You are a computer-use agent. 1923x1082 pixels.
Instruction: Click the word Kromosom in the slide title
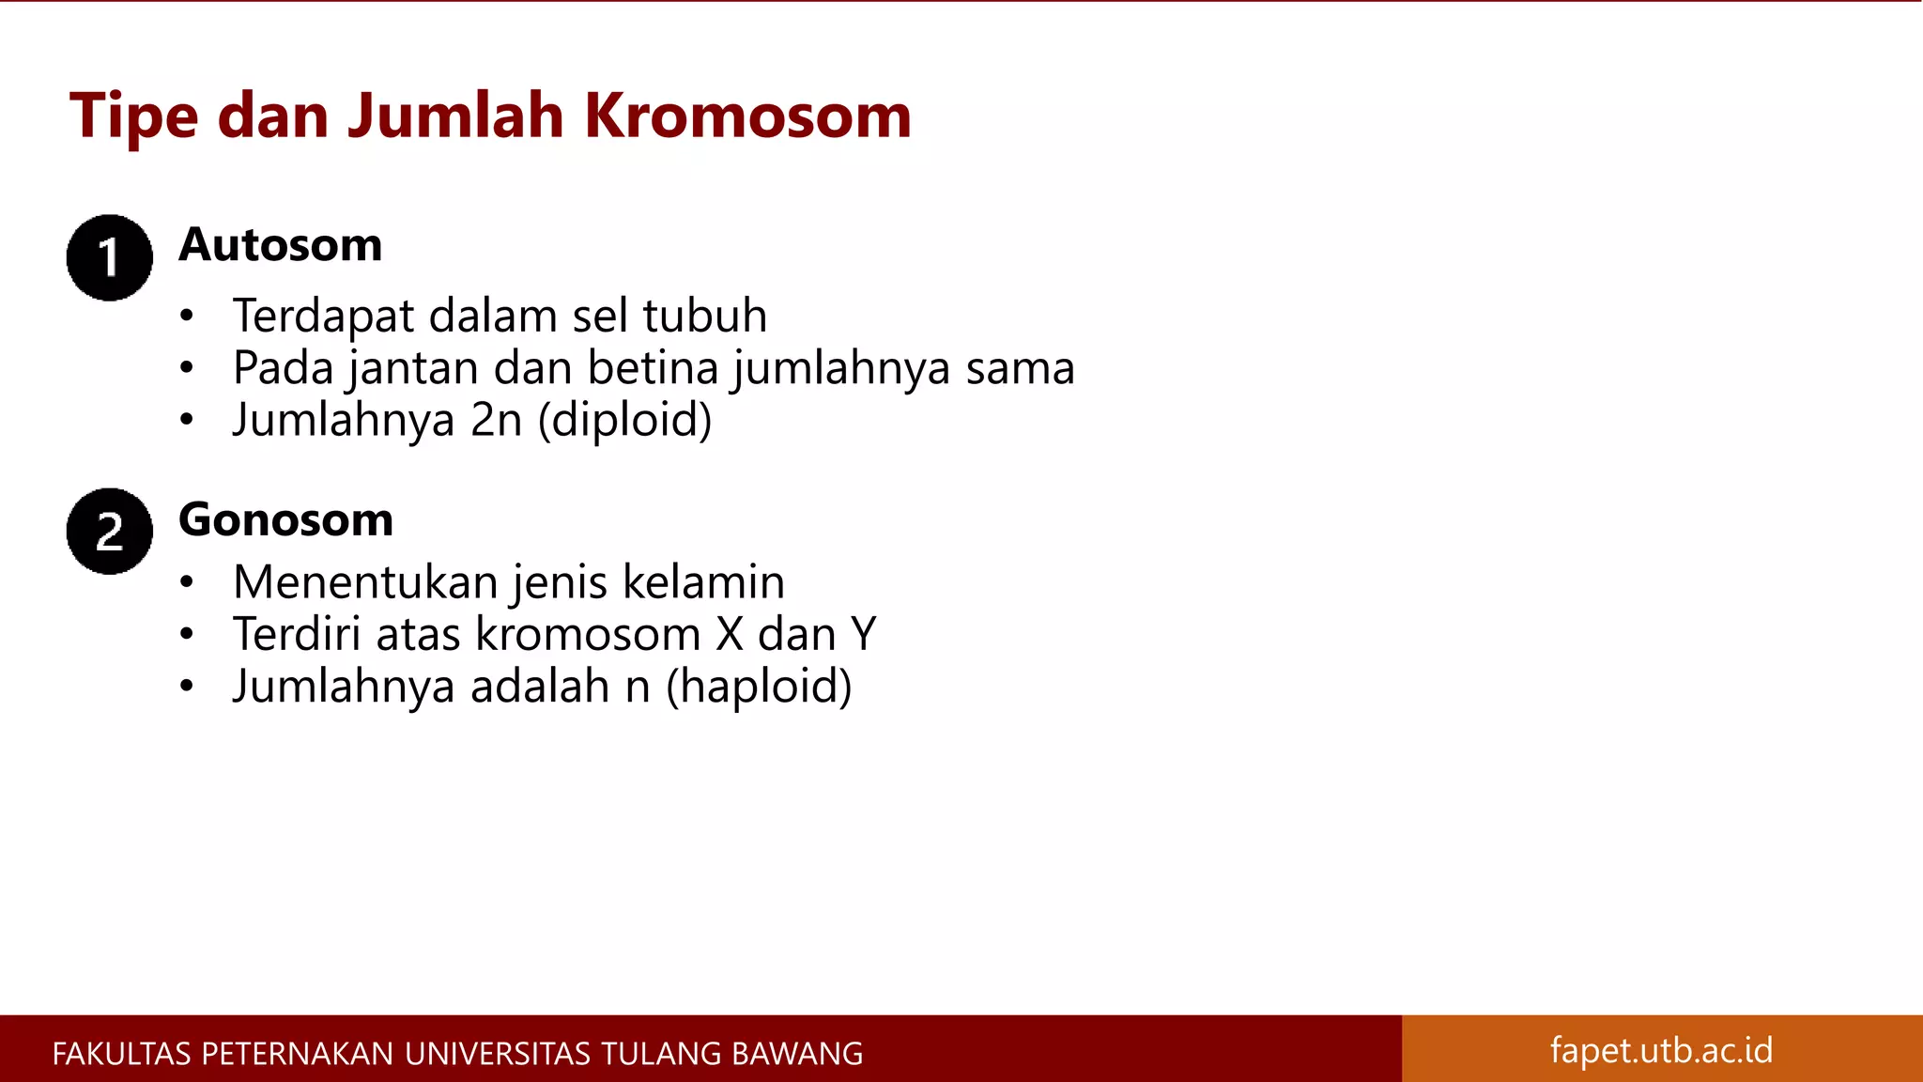click(747, 116)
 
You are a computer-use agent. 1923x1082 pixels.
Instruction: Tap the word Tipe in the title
click(133, 116)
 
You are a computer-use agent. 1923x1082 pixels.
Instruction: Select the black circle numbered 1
click(110, 257)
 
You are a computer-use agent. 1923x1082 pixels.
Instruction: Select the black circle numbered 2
click(110, 531)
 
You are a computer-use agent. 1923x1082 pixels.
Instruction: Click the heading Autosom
click(281, 245)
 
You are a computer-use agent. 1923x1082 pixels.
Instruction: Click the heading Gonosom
click(285, 519)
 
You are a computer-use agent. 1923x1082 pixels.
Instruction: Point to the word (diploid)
click(624, 420)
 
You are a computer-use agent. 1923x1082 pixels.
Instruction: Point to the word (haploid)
click(759, 687)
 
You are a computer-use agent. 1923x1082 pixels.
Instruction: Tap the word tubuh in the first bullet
click(705, 316)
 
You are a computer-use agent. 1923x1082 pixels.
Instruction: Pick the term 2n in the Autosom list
click(496, 420)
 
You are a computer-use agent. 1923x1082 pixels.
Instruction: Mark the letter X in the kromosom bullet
click(730, 634)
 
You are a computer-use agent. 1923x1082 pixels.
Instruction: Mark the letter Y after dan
click(864, 634)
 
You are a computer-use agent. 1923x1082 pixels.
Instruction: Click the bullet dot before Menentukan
click(187, 582)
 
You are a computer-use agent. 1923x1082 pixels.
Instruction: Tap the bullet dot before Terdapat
click(187, 317)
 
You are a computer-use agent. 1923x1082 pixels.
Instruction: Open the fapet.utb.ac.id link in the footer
click(1661, 1050)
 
